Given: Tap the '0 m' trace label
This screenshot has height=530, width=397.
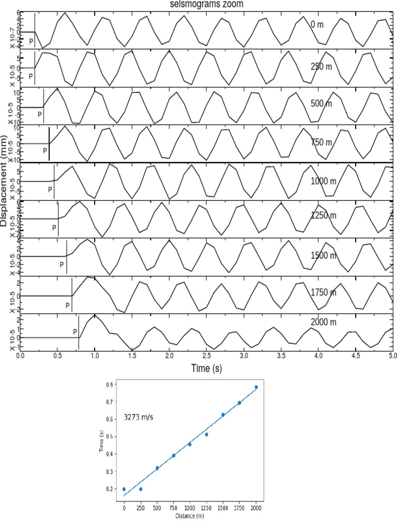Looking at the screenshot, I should coord(317,24).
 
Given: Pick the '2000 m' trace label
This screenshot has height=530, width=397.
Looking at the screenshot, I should coord(324,322).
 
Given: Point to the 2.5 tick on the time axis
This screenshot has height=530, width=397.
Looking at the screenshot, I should coord(207,356).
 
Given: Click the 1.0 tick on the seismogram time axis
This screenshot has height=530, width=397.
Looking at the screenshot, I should coord(95,356).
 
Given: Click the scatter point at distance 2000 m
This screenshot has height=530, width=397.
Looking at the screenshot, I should coord(256,387).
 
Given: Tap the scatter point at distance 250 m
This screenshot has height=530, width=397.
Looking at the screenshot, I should coord(141,489).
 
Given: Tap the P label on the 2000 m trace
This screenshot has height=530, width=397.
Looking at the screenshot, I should coord(75,332).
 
